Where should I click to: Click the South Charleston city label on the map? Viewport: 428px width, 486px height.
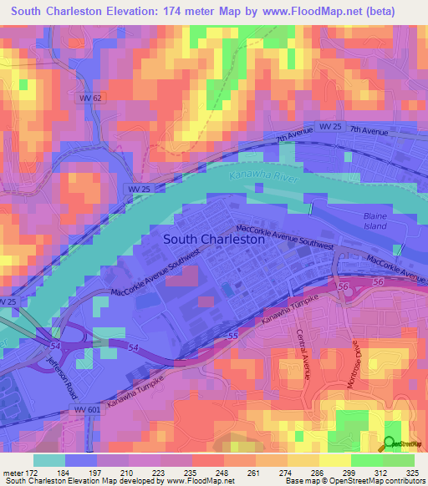(214, 238)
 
